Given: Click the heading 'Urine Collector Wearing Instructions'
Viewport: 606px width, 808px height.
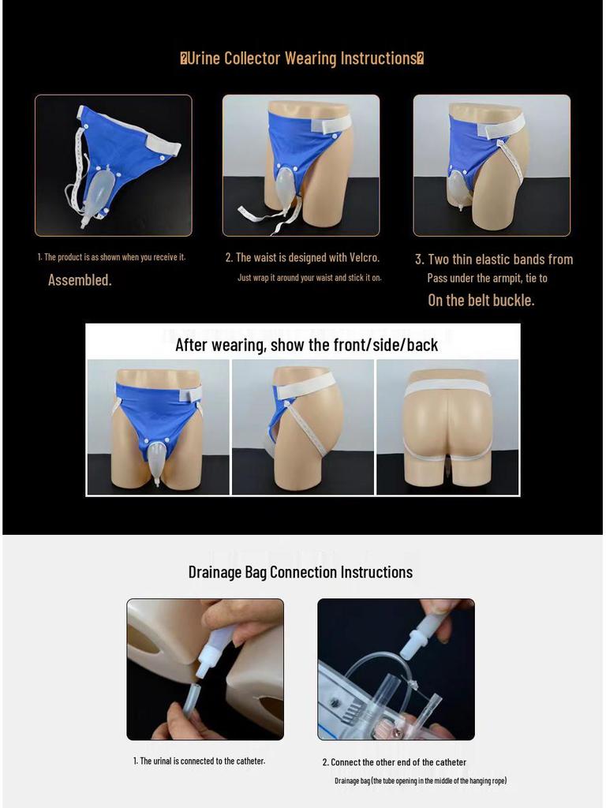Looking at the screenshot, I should (x=302, y=58).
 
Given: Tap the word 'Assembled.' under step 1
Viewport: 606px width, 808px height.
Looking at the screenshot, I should (x=80, y=280).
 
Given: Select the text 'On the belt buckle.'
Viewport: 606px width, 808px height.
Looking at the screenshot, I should (x=481, y=300).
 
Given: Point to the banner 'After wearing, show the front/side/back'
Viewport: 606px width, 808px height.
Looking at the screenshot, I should (x=306, y=344).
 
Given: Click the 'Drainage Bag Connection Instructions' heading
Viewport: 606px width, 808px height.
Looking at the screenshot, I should (x=300, y=572).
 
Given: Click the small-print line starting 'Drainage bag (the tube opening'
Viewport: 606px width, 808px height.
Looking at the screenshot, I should (x=420, y=780).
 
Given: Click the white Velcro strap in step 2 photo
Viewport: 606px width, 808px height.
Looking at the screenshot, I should (x=331, y=124).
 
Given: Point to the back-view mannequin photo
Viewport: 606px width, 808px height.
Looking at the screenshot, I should (x=447, y=427).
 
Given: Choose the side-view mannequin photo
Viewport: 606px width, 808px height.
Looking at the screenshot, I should (x=302, y=427).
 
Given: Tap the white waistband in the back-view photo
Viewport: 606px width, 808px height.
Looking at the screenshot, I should (x=447, y=387).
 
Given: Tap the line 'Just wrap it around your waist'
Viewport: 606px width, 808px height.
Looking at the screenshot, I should (x=309, y=278).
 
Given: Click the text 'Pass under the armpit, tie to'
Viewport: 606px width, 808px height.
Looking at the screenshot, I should (x=487, y=278).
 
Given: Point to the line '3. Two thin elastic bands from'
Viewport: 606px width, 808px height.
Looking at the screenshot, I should (x=494, y=259).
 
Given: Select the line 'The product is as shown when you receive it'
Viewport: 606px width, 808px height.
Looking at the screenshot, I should (x=111, y=257).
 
